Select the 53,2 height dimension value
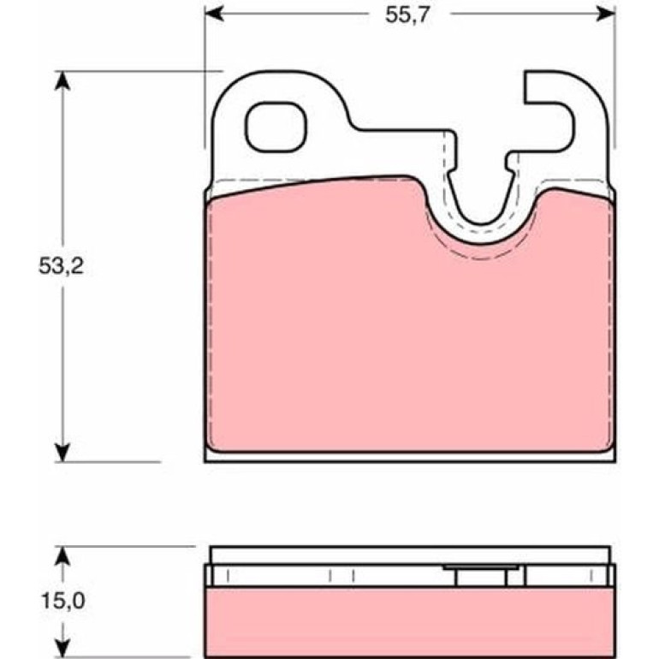click(x=62, y=266)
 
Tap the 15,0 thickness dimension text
click(x=63, y=601)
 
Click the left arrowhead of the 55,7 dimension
click(x=214, y=14)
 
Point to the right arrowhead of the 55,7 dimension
click(x=606, y=14)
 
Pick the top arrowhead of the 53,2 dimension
click(x=62, y=80)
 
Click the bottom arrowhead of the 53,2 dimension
click(x=62, y=452)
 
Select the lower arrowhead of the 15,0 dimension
click(x=62, y=647)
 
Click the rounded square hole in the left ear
click(x=276, y=127)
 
